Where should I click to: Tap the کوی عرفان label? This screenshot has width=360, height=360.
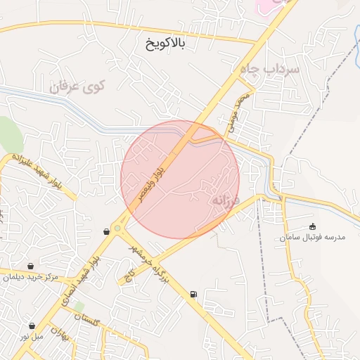(x=77, y=88)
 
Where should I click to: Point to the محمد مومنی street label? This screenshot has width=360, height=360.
(x=236, y=109)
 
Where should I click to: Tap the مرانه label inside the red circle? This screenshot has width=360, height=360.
(x=226, y=200)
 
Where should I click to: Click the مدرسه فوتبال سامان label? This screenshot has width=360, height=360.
(x=313, y=238)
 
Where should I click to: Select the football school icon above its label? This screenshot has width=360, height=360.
(x=313, y=226)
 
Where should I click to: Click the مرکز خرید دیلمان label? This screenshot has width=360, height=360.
(x=30, y=277)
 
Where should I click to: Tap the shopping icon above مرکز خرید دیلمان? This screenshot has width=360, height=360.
(x=31, y=266)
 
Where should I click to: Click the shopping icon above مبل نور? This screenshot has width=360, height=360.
(x=33, y=326)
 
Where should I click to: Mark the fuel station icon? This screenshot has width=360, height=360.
(x=193, y=294)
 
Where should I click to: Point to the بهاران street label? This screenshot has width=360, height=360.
(x=63, y=335)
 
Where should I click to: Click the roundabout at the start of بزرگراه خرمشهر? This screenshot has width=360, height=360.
(x=117, y=227)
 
